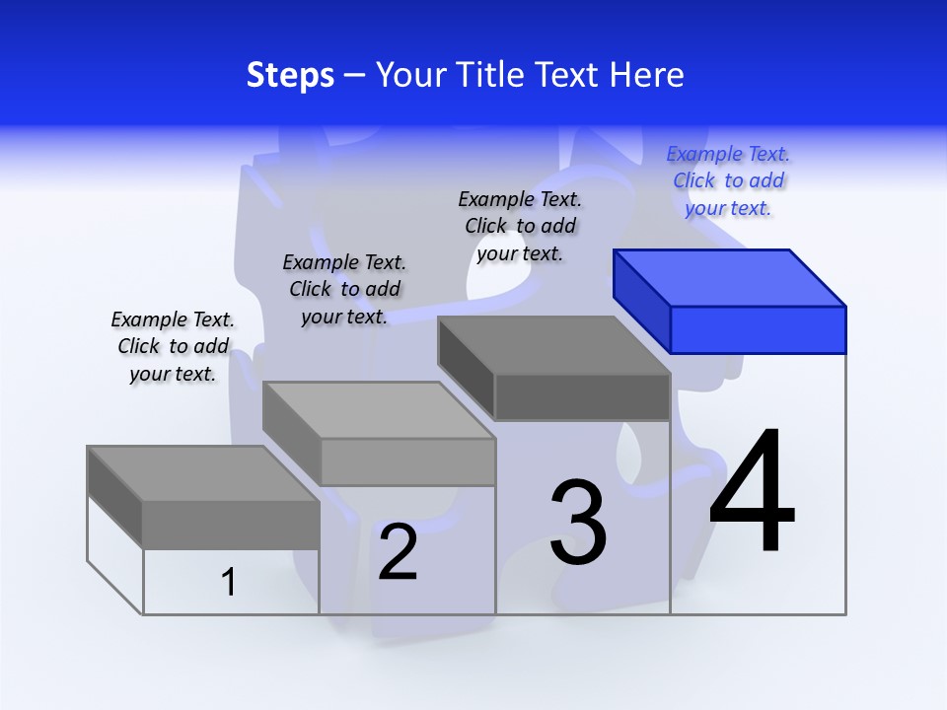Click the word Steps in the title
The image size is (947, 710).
pyautogui.click(x=290, y=75)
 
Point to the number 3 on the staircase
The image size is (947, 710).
pyautogui.click(x=578, y=523)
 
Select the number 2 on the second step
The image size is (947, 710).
pyautogui.click(x=398, y=552)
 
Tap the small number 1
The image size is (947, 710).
pyautogui.click(x=229, y=582)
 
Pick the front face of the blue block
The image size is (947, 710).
pyautogui.click(x=758, y=329)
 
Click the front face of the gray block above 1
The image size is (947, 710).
pyautogui.click(x=231, y=525)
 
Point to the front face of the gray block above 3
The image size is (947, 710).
pyautogui.click(x=582, y=397)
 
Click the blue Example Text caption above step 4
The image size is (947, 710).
pyautogui.click(x=728, y=180)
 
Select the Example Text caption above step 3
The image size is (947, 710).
pyautogui.click(x=520, y=226)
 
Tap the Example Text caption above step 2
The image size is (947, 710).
pyautogui.click(x=344, y=289)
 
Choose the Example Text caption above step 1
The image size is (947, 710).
pyautogui.click(x=173, y=346)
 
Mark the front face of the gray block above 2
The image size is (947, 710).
pyautogui.click(x=406, y=461)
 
